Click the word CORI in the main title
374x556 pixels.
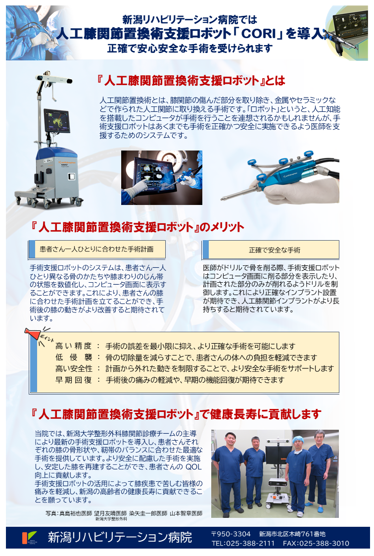(x=259, y=34)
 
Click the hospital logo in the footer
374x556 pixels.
(x=29, y=538)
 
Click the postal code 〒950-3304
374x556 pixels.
(x=231, y=534)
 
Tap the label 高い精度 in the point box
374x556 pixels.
(x=73, y=346)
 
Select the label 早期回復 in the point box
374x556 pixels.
(x=73, y=380)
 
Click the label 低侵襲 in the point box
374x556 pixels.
(x=73, y=357)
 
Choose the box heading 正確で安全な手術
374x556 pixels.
(x=275, y=251)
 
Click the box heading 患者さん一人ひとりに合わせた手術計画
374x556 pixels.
(x=96, y=249)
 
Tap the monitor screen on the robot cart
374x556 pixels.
(x=57, y=121)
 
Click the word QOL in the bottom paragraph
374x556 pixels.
(x=193, y=467)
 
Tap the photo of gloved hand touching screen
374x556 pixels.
(x=161, y=178)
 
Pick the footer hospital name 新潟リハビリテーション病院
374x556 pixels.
(x=120, y=538)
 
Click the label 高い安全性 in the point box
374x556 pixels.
(x=73, y=369)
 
